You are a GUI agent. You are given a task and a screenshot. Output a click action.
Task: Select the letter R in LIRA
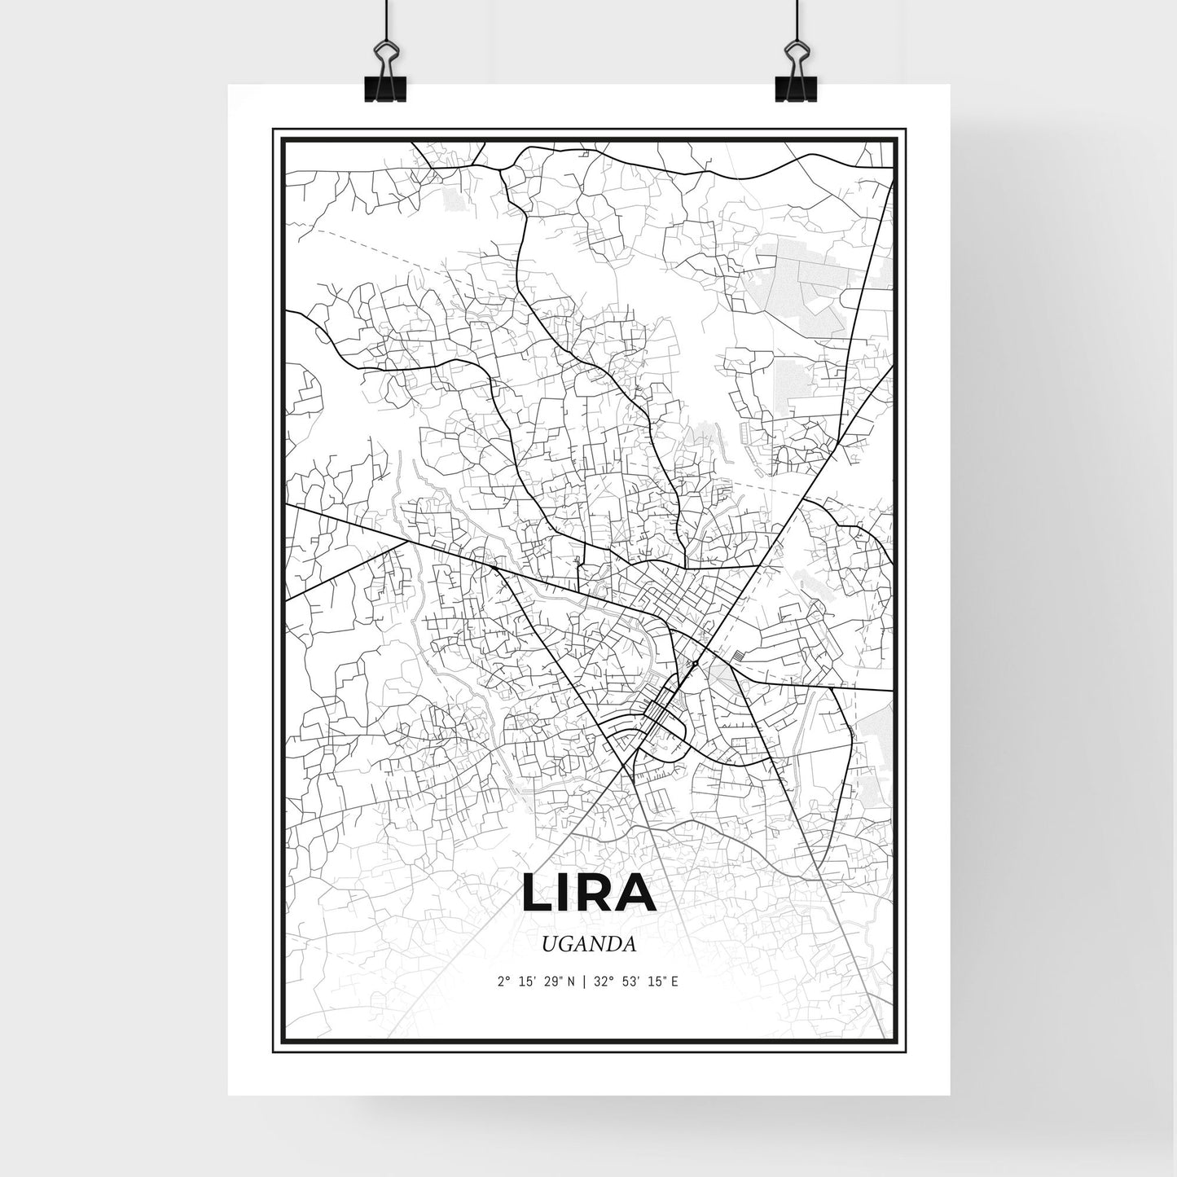coord(596,894)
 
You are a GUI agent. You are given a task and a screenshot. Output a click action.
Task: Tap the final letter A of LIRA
coord(638,894)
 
